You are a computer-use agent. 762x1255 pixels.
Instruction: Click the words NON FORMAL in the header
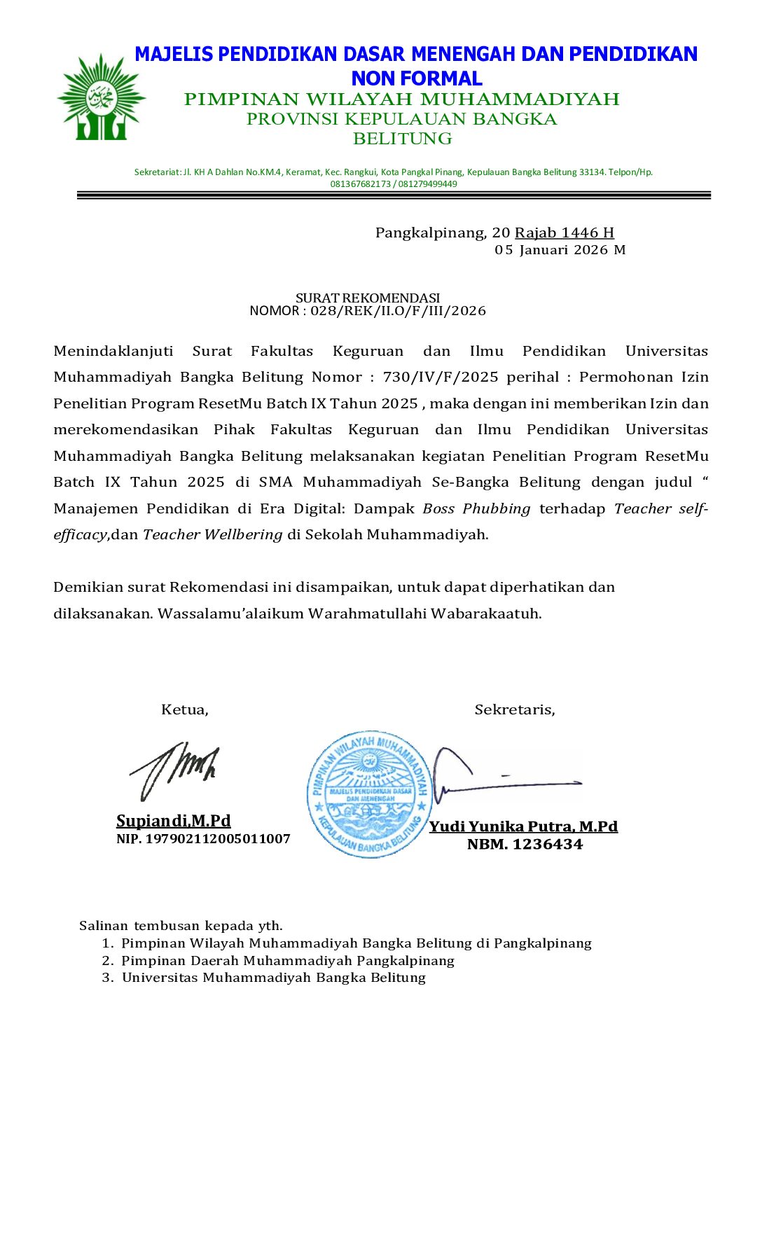(x=417, y=78)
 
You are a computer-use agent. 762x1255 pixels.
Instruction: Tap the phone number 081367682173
(x=360, y=184)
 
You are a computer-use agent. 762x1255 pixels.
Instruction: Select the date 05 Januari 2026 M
(x=560, y=250)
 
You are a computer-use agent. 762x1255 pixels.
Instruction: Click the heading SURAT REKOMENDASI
(x=368, y=298)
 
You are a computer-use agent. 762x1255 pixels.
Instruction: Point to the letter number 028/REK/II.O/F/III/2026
(x=398, y=311)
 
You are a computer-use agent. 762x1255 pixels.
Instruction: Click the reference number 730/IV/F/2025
(x=441, y=377)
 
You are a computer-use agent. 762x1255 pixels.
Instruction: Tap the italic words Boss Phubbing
(x=476, y=508)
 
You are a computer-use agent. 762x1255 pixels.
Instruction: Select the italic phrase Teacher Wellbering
(x=213, y=535)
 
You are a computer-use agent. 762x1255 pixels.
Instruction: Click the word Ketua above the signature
(x=184, y=709)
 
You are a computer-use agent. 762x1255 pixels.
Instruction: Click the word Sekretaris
(x=515, y=709)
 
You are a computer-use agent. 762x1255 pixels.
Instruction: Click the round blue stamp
(x=369, y=793)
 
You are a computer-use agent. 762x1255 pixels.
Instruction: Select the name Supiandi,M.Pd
(x=173, y=821)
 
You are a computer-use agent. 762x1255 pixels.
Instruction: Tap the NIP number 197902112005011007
(x=217, y=839)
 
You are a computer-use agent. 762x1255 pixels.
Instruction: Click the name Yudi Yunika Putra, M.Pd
(x=523, y=826)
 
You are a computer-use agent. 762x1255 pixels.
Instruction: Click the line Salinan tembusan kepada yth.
(x=181, y=926)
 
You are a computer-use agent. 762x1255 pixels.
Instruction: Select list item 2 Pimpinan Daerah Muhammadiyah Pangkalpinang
(x=287, y=961)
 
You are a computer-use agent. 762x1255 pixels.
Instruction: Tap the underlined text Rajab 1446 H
(x=564, y=233)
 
